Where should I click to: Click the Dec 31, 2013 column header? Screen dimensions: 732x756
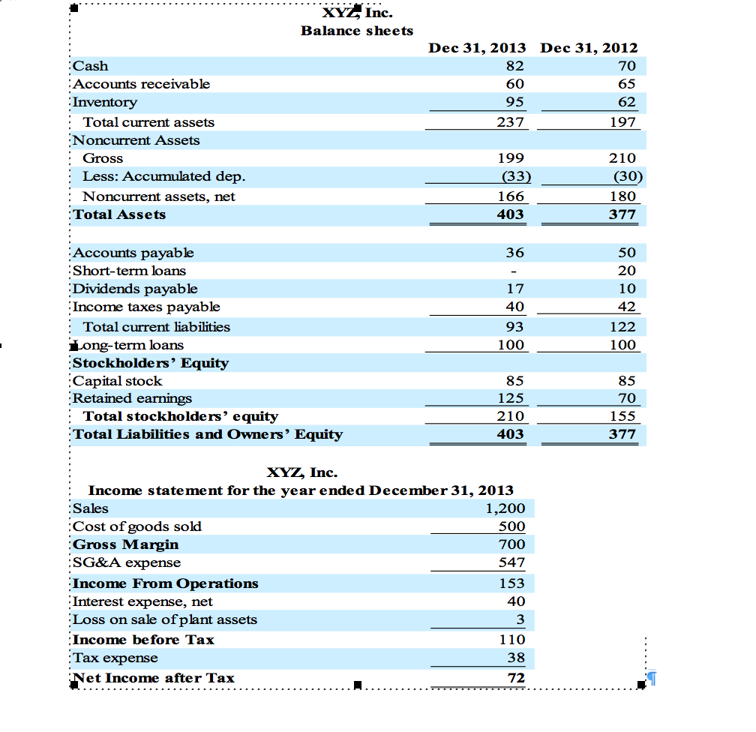[477, 49]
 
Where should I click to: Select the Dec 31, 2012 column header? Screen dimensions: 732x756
[589, 49]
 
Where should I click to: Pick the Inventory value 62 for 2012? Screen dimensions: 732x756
[626, 102]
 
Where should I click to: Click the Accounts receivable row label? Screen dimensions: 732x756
[141, 84]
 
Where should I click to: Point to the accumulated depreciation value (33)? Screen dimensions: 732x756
[514, 177]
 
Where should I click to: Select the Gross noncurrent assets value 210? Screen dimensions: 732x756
[623, 158]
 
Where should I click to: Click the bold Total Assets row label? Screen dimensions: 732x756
[118, 214]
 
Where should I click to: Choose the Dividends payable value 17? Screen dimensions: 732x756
[514, 289]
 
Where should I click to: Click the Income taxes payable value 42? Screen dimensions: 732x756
[626, 307]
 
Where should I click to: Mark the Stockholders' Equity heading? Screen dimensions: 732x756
[150, 363]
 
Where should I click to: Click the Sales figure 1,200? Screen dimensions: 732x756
[505, 508]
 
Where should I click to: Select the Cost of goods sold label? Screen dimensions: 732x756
[136, 526]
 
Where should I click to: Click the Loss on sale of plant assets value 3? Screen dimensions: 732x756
[520, 619]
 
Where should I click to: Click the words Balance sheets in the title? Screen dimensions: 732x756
[357, 31]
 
